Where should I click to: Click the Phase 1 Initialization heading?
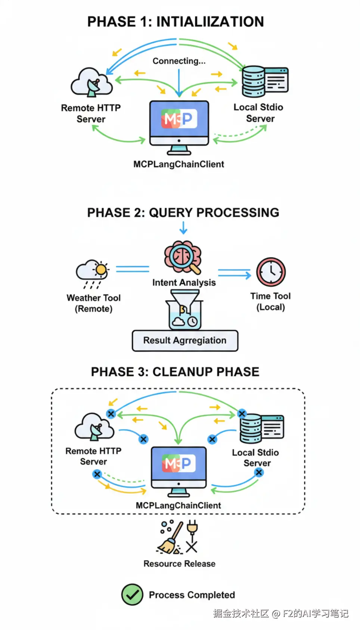(176, 22)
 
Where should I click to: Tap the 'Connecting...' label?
(179, 61)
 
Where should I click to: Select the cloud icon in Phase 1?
(92, 82)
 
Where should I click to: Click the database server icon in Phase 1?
(265, 82)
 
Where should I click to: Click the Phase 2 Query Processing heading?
(183, 212)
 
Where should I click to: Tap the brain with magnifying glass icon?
(183, 257)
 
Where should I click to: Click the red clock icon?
(271, 272)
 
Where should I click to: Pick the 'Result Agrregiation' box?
(185, 341)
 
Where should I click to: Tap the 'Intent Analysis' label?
(184, 283)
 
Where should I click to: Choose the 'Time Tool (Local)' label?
(270, 301)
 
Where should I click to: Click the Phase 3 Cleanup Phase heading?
(175, 372)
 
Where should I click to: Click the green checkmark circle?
(132, 595)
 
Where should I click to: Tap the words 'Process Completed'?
(192, 595)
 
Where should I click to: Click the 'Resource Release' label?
(179, 564)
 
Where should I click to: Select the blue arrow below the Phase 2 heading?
(183, 227)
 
